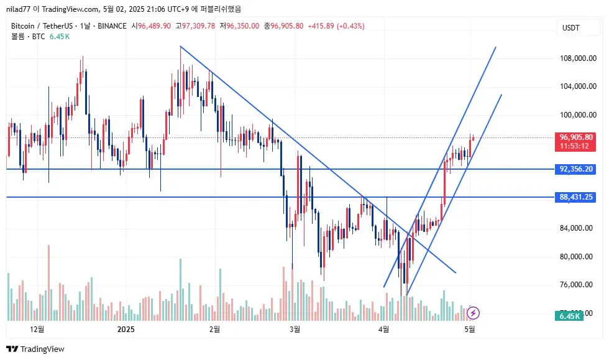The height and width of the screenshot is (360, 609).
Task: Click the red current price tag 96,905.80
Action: (575, 137)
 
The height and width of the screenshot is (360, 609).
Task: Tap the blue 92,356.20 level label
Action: (575, 169)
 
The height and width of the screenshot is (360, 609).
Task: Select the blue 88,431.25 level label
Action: (575, 197)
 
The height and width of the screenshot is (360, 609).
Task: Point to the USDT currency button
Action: (570, 28)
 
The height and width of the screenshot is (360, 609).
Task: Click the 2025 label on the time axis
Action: (126, 329)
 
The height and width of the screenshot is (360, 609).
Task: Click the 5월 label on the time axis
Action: (470, 329)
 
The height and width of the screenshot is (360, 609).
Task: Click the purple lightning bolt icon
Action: (473, 312)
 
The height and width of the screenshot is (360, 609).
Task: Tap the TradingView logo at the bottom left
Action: (35, 349)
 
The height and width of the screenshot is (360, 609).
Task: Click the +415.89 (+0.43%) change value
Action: (336, 25)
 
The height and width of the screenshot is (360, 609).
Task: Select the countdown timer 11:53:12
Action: (575, 146)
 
